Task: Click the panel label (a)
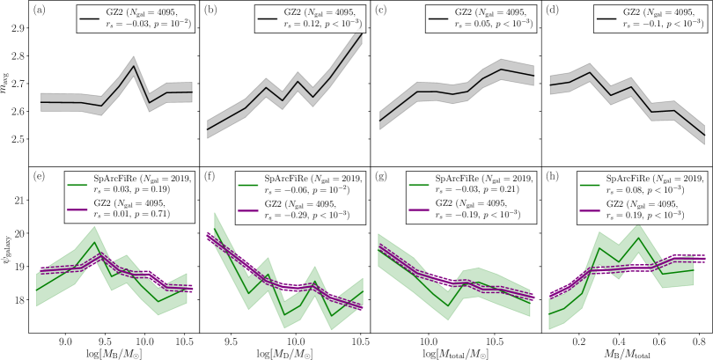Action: coord(39,12)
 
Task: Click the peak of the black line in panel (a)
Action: coord(133,66)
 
